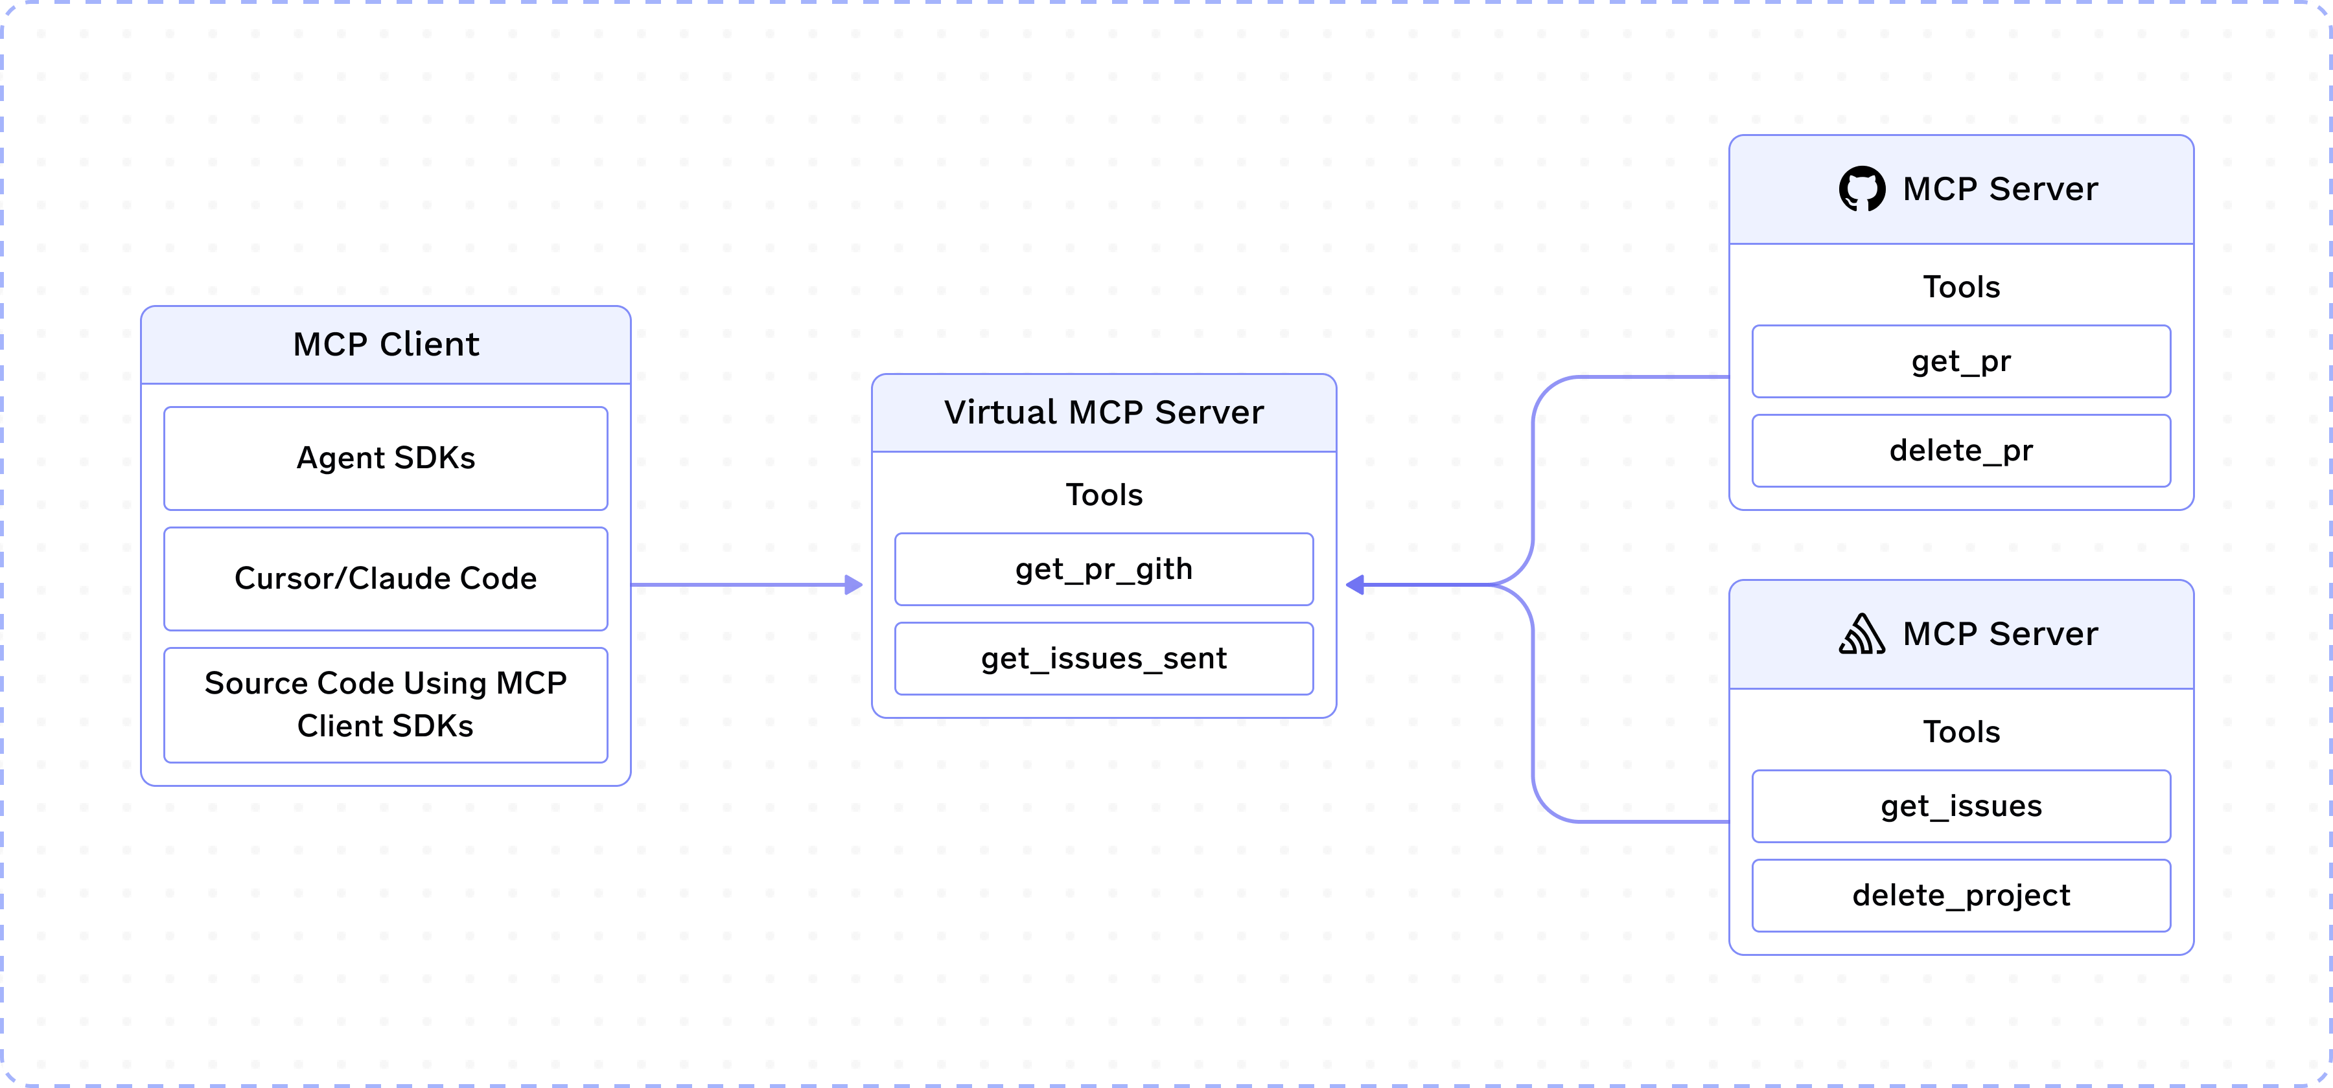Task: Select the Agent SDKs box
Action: (386, 458)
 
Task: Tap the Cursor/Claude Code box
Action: (386, 578)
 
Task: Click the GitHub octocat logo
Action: (1861, 189)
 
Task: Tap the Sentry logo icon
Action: (1861, 633)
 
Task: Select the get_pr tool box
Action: (1961, 361)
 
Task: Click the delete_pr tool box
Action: (1961, 451)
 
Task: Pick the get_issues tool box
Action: (1961, 806)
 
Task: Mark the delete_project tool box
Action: (1961, 895)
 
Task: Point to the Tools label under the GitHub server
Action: (1961, 287)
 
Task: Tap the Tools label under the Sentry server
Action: (1961, 731)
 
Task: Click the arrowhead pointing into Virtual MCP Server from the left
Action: (853, 585)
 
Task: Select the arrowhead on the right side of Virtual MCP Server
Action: (1355, 585)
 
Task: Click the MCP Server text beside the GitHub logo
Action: (2000, 189)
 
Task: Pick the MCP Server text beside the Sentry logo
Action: (2000, 633)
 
